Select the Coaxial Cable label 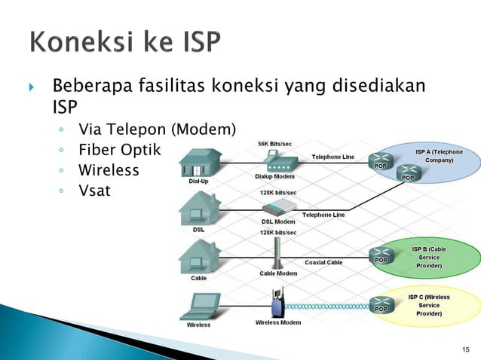323,262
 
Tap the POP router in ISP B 381,256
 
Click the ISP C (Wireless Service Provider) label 429,305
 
